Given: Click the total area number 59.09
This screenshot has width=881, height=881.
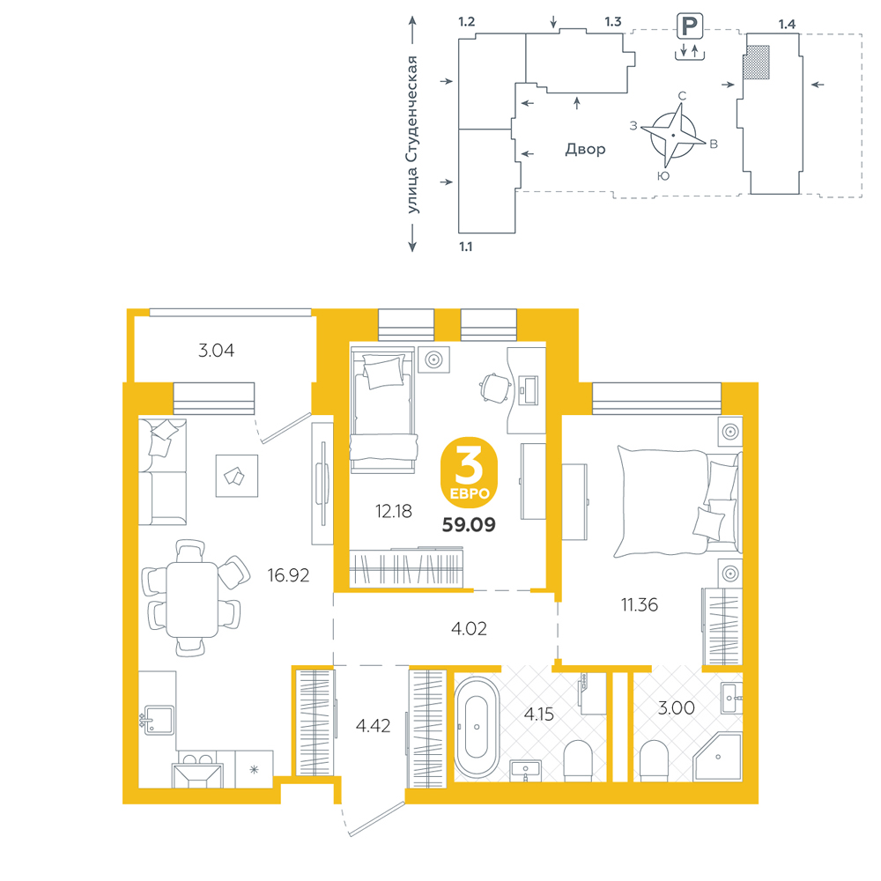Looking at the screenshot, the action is [469, 525].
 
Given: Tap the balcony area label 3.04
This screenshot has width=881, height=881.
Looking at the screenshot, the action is [217, 351].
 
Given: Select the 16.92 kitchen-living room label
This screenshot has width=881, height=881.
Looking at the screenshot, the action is [288, 575].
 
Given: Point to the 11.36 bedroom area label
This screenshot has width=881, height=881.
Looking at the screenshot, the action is [640, 605].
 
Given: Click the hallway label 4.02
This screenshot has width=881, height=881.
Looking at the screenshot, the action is [470, 629].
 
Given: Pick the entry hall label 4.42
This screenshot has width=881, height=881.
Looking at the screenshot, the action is [373, 726].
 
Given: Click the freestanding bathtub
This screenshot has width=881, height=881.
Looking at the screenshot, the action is [477, 727].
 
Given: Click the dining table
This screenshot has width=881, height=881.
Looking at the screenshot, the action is [191, 599].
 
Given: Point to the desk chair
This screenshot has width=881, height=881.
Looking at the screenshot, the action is [495, 388].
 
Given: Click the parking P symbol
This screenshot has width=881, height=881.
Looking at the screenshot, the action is [690, 26].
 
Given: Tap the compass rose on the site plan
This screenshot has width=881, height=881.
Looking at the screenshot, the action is [673, 136].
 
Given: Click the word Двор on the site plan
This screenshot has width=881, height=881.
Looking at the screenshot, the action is [586, 150].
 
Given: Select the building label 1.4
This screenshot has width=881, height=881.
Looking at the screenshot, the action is [787, 25].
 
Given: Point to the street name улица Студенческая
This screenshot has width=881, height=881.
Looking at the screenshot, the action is [412, 135].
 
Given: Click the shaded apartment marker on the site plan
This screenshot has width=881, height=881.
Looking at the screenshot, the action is [756, 63].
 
